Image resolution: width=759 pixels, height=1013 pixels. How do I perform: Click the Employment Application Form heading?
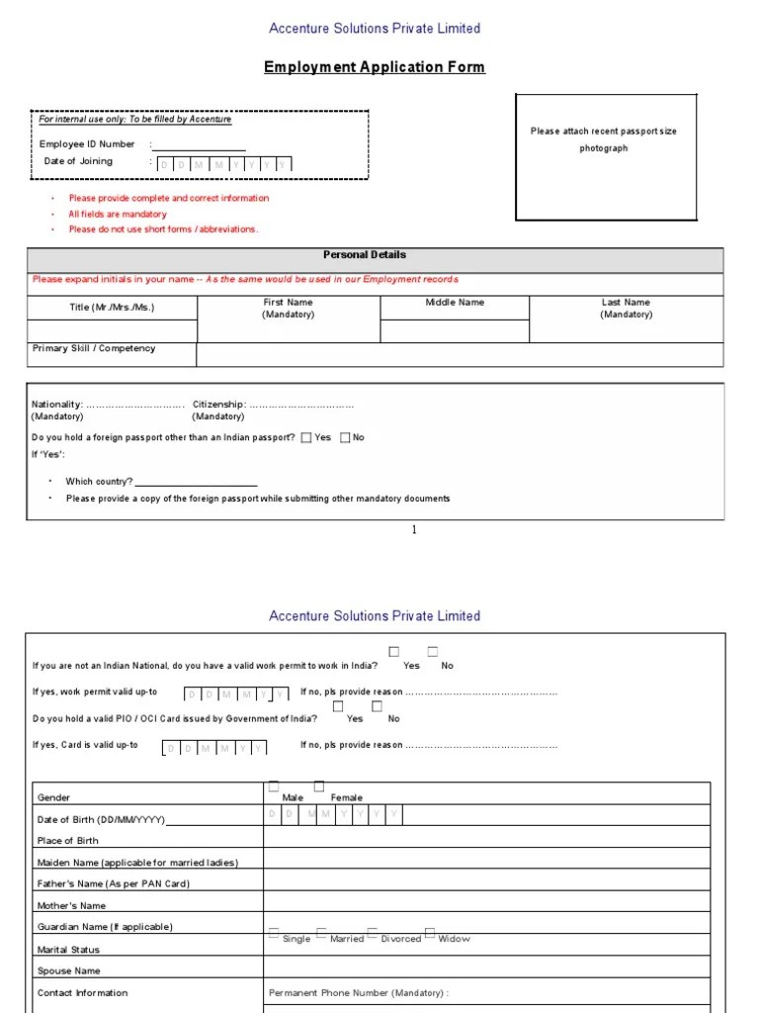(x=375, y=67)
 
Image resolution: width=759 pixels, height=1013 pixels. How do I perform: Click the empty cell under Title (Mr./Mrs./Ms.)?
(x=112, y=330)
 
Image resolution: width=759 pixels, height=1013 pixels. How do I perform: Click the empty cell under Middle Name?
(x=455, y=331)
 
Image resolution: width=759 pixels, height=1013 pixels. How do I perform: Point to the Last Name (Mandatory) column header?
(x=626, y=308)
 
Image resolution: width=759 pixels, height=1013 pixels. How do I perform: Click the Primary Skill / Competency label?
(x=94, y=349)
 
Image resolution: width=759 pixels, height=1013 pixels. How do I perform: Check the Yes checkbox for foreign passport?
(x=306, y=437)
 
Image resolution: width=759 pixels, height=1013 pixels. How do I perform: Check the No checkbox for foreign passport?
(x=345, y=437)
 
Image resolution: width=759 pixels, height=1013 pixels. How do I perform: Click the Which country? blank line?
(x=196, y=483)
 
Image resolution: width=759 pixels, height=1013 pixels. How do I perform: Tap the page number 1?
(x=414, y=530)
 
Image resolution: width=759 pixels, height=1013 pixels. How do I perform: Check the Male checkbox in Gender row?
(x=274, y=786)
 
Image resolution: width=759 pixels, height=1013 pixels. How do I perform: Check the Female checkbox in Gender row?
(x=319, y=786)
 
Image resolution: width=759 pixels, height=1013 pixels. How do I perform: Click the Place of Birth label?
(x=68, y=841)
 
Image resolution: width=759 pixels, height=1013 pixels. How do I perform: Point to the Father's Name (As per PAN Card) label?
(x=114, y=884)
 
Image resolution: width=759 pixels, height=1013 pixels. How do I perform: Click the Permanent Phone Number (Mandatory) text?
(x=359, y=992)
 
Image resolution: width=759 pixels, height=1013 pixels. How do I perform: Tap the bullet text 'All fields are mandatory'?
(x=118, y=214)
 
